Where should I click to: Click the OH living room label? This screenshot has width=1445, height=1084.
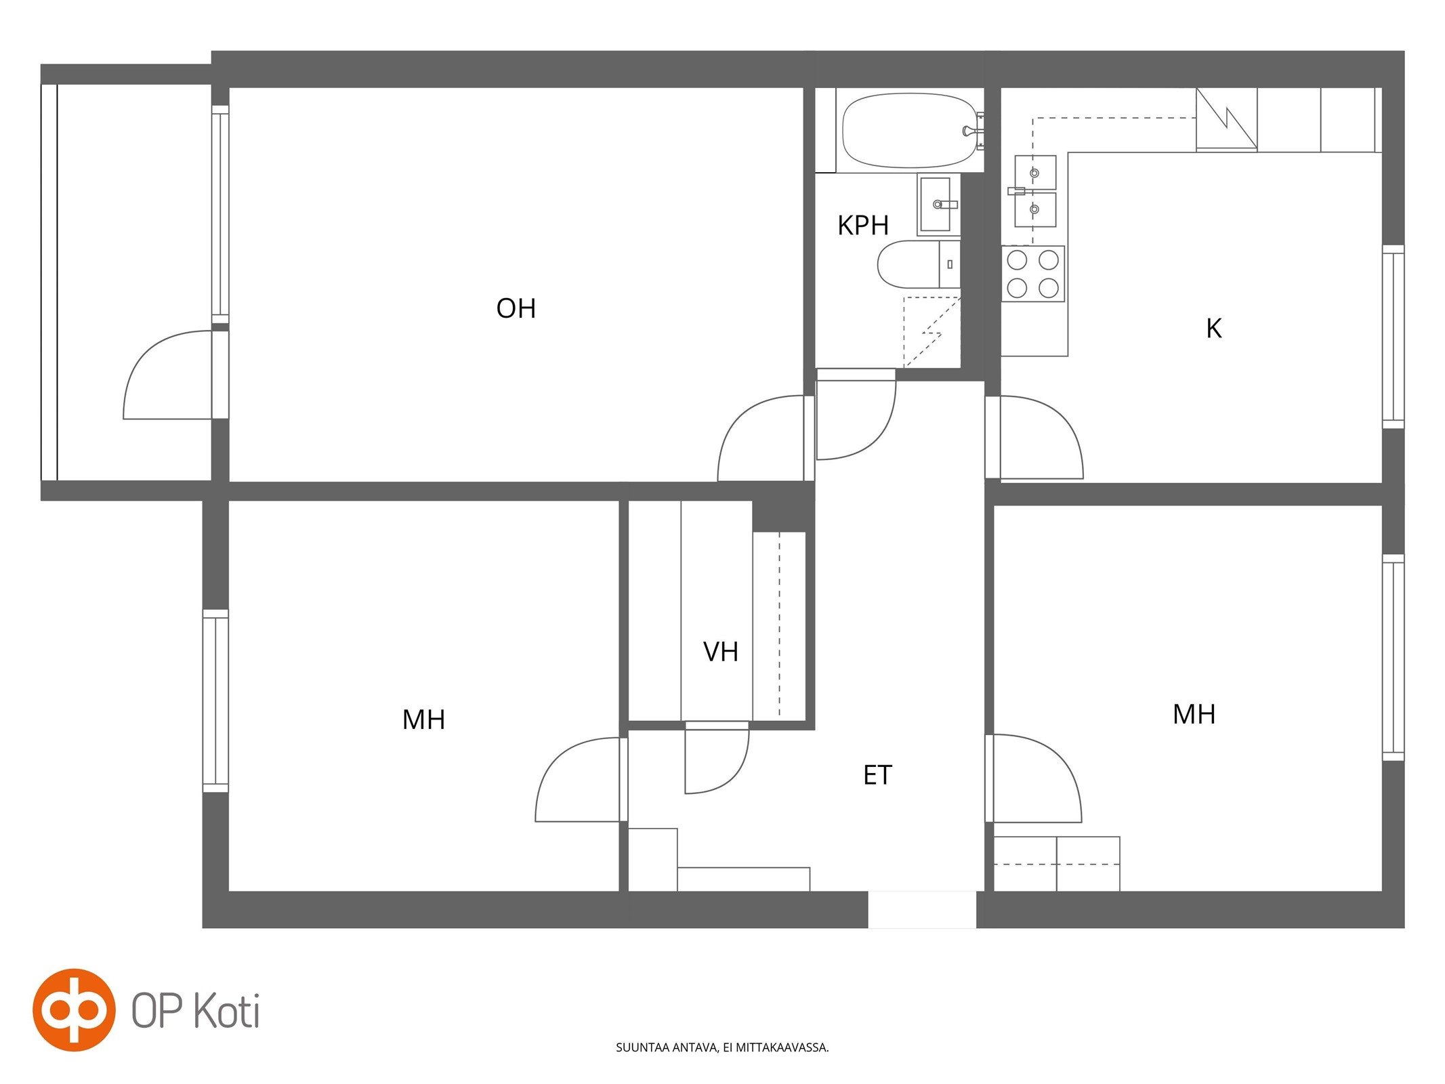point(516,308)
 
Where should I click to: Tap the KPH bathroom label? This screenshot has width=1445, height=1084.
point(862,225)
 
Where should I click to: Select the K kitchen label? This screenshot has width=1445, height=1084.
point(1213,329)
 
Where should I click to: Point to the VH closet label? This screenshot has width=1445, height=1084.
point(720,652)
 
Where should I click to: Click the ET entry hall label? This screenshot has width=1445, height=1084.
point(877,775)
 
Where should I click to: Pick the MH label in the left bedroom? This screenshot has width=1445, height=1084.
point(423,720)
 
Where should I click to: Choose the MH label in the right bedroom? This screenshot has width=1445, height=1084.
point(1194,714)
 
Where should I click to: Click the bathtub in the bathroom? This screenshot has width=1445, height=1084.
point(909,130)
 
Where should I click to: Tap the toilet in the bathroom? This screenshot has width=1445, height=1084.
point(918,264)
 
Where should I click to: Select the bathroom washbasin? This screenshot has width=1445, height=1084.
point(938,204)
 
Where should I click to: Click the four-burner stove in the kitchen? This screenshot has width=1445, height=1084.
point(1032,274)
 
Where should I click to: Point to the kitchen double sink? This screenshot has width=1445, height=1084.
point(1034,191)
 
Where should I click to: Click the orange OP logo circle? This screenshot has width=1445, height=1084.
point(74,1009)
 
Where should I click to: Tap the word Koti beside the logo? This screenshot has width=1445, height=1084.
point(227,1011)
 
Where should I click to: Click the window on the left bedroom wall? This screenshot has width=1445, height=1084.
point(215,701)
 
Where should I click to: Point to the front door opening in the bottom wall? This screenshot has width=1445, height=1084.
point(922,909)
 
